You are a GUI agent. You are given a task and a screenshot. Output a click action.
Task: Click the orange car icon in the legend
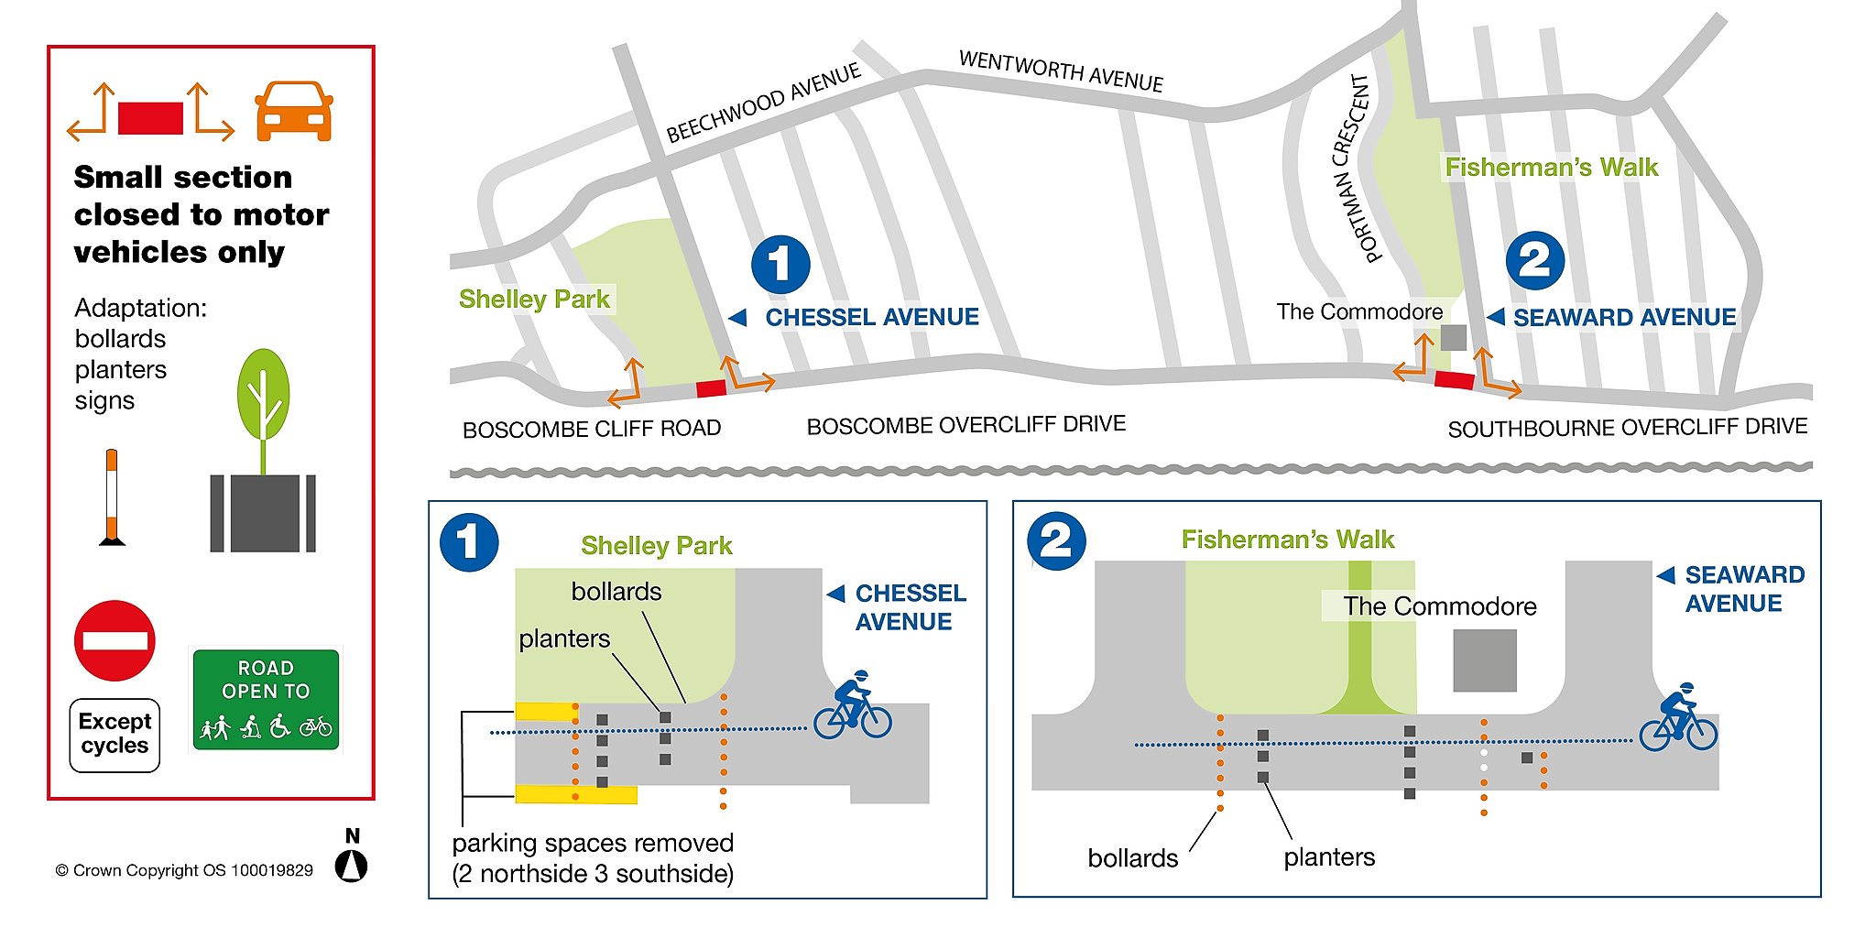pos(294,111)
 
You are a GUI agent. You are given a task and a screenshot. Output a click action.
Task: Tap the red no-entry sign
pos(115,640)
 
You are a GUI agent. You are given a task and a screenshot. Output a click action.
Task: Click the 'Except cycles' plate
pos(115,735)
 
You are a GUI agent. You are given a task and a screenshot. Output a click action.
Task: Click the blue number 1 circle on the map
pos(780,265)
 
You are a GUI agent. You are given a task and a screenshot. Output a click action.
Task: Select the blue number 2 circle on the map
pos(1535,261)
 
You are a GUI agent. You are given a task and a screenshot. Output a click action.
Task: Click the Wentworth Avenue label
pos(1061,71)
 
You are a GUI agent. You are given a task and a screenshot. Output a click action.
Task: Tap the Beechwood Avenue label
pos(763,103)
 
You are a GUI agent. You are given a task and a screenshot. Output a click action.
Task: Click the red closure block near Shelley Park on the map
pos(711,388)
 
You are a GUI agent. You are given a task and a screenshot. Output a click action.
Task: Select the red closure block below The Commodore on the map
pos(1454,379)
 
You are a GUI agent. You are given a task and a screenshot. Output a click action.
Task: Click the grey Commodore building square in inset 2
pos(1485,660)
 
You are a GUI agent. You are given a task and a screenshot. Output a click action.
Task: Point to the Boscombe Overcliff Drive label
pos(965,425)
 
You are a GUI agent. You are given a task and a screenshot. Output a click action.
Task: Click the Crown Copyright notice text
pos(184,870)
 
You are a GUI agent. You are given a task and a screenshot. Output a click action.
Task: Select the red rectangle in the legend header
pos(150,118)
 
